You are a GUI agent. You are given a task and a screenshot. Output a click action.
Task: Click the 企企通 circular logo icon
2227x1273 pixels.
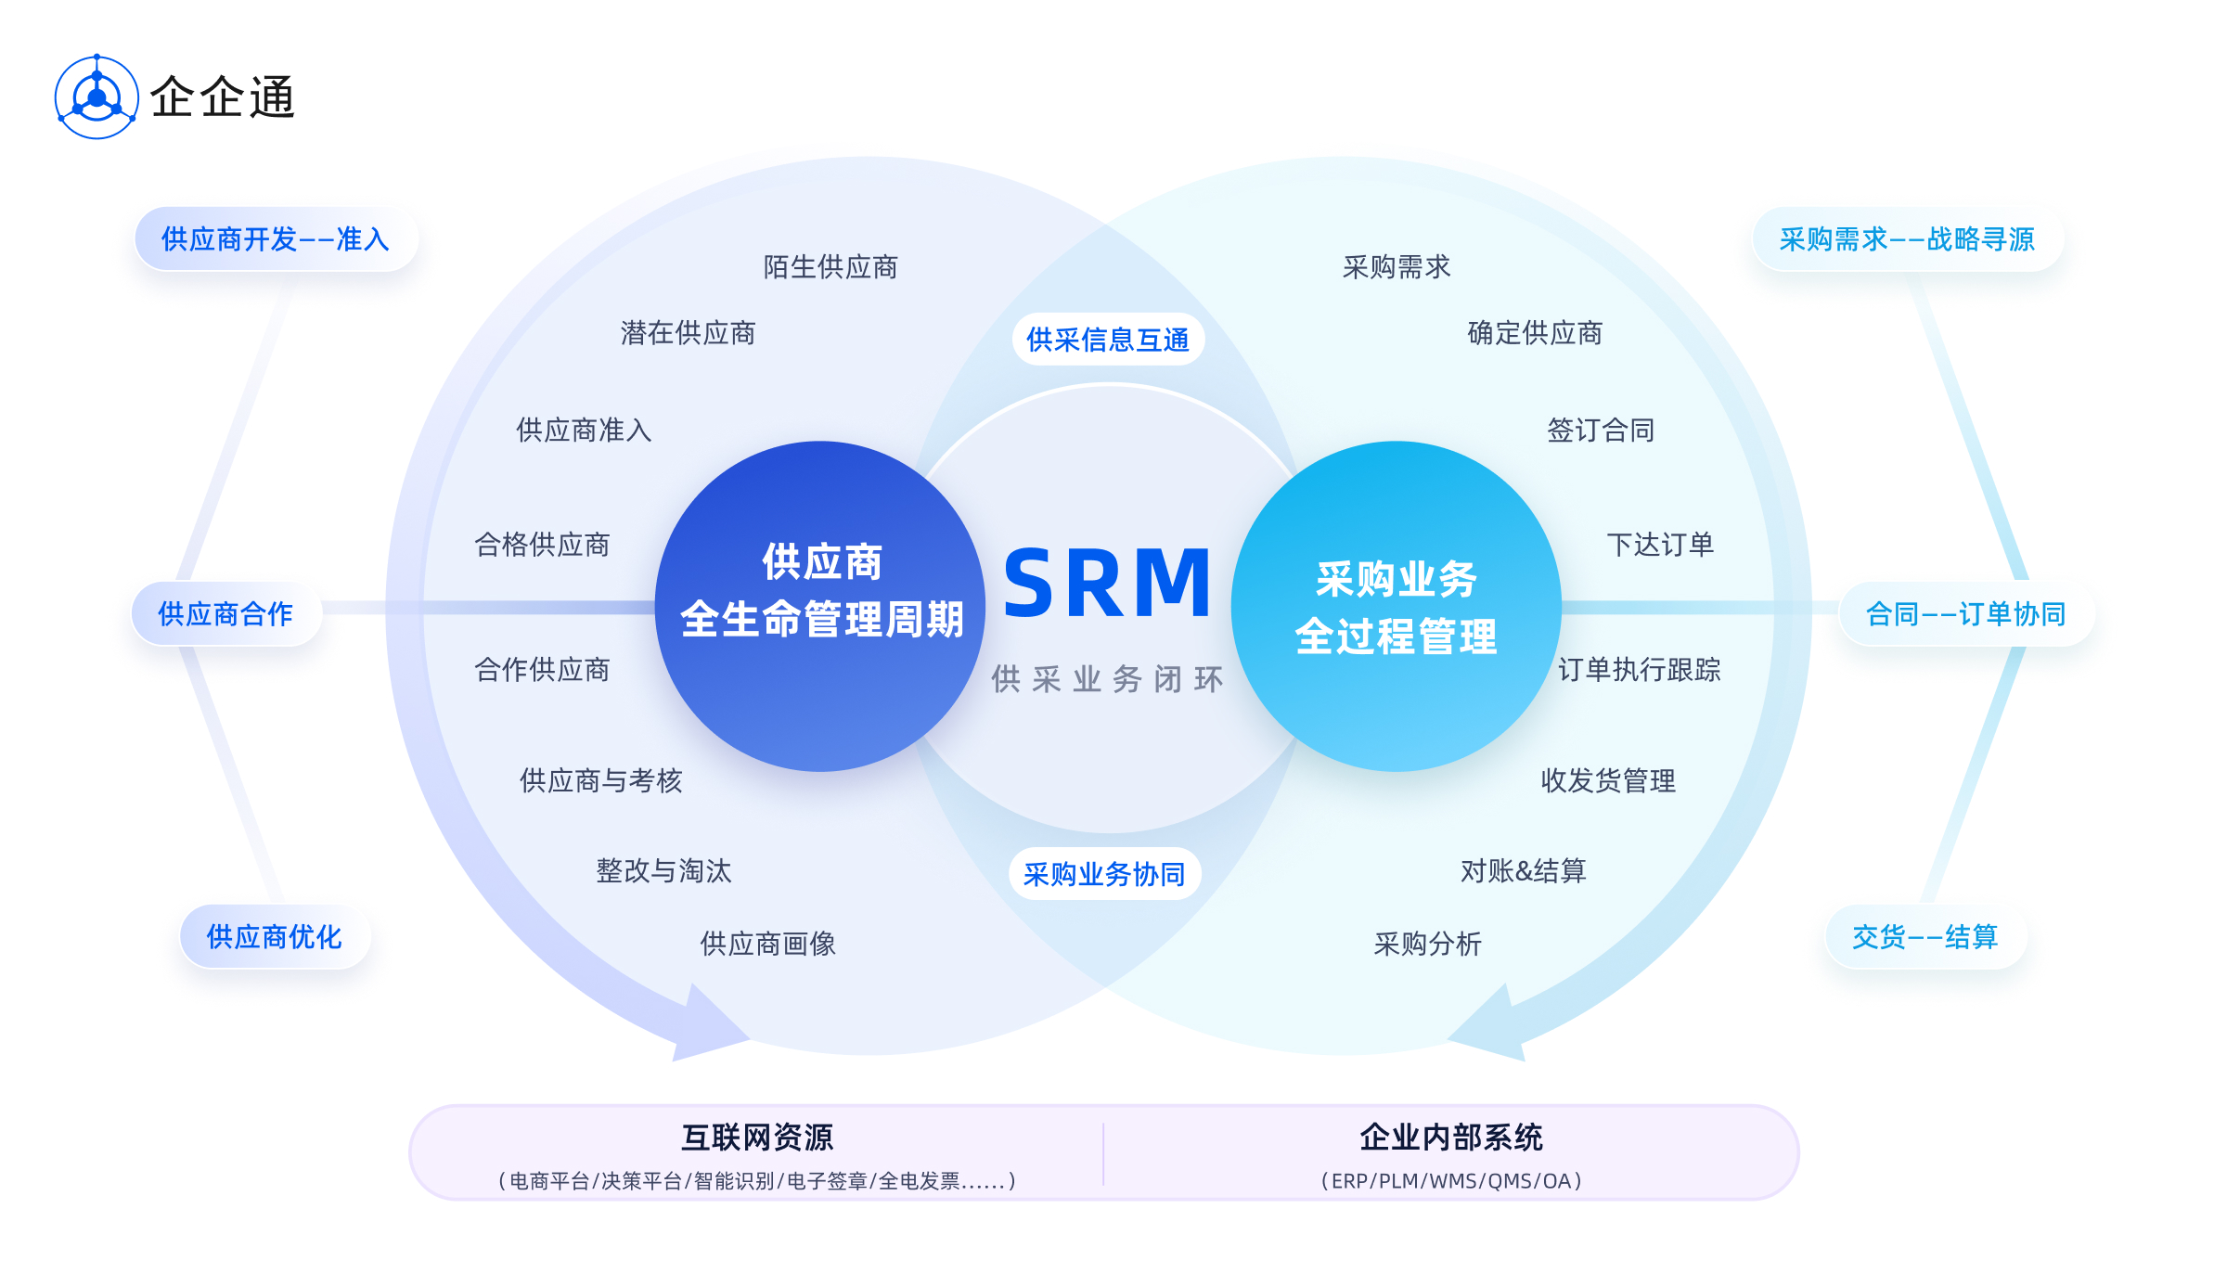97,97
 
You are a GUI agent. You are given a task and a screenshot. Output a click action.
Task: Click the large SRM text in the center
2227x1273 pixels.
1107,584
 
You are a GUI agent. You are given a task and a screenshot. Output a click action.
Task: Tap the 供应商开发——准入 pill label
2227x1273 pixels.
276,239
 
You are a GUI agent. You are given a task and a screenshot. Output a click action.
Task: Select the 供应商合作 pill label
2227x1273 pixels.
225,613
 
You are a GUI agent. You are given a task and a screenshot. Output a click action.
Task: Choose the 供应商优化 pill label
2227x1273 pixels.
275,937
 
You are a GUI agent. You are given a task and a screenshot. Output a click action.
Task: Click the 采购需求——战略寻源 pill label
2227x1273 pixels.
1907,239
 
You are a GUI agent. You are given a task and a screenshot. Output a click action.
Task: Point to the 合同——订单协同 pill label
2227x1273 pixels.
1965,613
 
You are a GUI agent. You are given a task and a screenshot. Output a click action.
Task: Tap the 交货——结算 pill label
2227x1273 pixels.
1924,937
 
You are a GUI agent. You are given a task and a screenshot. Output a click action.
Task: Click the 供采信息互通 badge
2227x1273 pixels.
1108,340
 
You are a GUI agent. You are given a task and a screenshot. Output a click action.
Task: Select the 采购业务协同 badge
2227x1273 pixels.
1104,874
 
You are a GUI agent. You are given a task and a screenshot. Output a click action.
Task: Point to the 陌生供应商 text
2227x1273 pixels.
830,267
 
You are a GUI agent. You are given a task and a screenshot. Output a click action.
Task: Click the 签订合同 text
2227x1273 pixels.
1601,431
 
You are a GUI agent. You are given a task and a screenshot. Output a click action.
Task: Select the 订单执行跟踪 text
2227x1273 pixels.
1639,670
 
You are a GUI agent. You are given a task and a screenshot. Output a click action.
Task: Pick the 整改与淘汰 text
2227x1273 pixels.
663,871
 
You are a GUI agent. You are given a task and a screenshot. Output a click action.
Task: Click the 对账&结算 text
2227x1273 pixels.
1523,871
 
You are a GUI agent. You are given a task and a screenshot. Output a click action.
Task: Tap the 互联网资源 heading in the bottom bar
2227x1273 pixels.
757,1138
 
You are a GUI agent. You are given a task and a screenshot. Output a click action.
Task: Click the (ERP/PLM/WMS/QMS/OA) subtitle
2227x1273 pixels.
1451,1181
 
